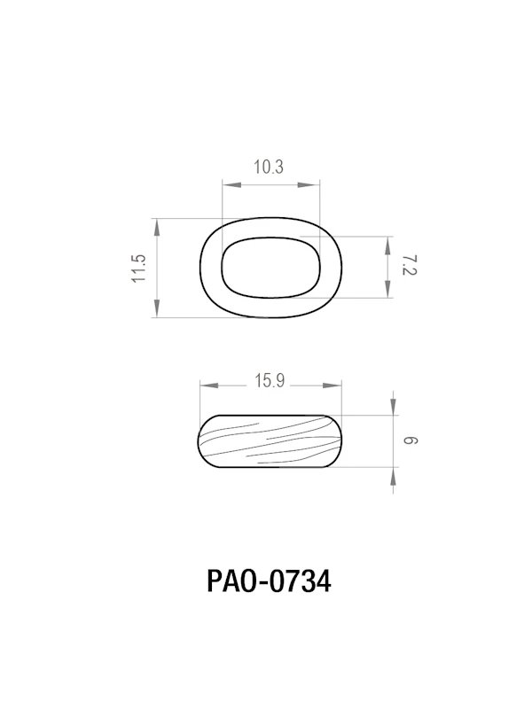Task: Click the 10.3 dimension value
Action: coord(268,168)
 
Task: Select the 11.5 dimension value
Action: coord(138,268)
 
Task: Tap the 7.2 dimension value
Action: coord(408,266)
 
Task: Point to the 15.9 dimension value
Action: coord(269,382)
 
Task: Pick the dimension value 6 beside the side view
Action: coord(409,440)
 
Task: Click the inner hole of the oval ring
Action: coord(269,266)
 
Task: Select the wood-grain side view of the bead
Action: coord(269,440)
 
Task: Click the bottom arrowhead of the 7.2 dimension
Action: coord(388,289)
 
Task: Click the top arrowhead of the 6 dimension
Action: coord(393,405)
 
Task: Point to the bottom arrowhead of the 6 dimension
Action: coord(393,477)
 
